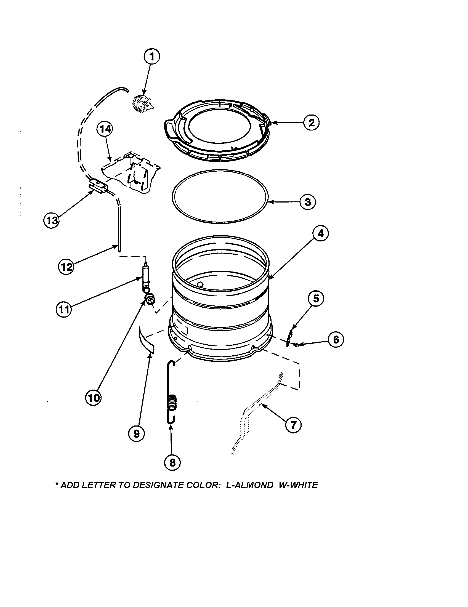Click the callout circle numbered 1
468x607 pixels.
(x=151, y=57)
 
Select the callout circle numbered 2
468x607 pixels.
(x=311, y=123)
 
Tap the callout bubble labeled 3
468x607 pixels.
(x=308, y=202)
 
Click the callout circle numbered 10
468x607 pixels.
(x=94, y=398)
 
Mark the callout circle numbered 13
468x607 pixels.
(x=52, y=221)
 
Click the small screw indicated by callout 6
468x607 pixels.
(x=297, y=345)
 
